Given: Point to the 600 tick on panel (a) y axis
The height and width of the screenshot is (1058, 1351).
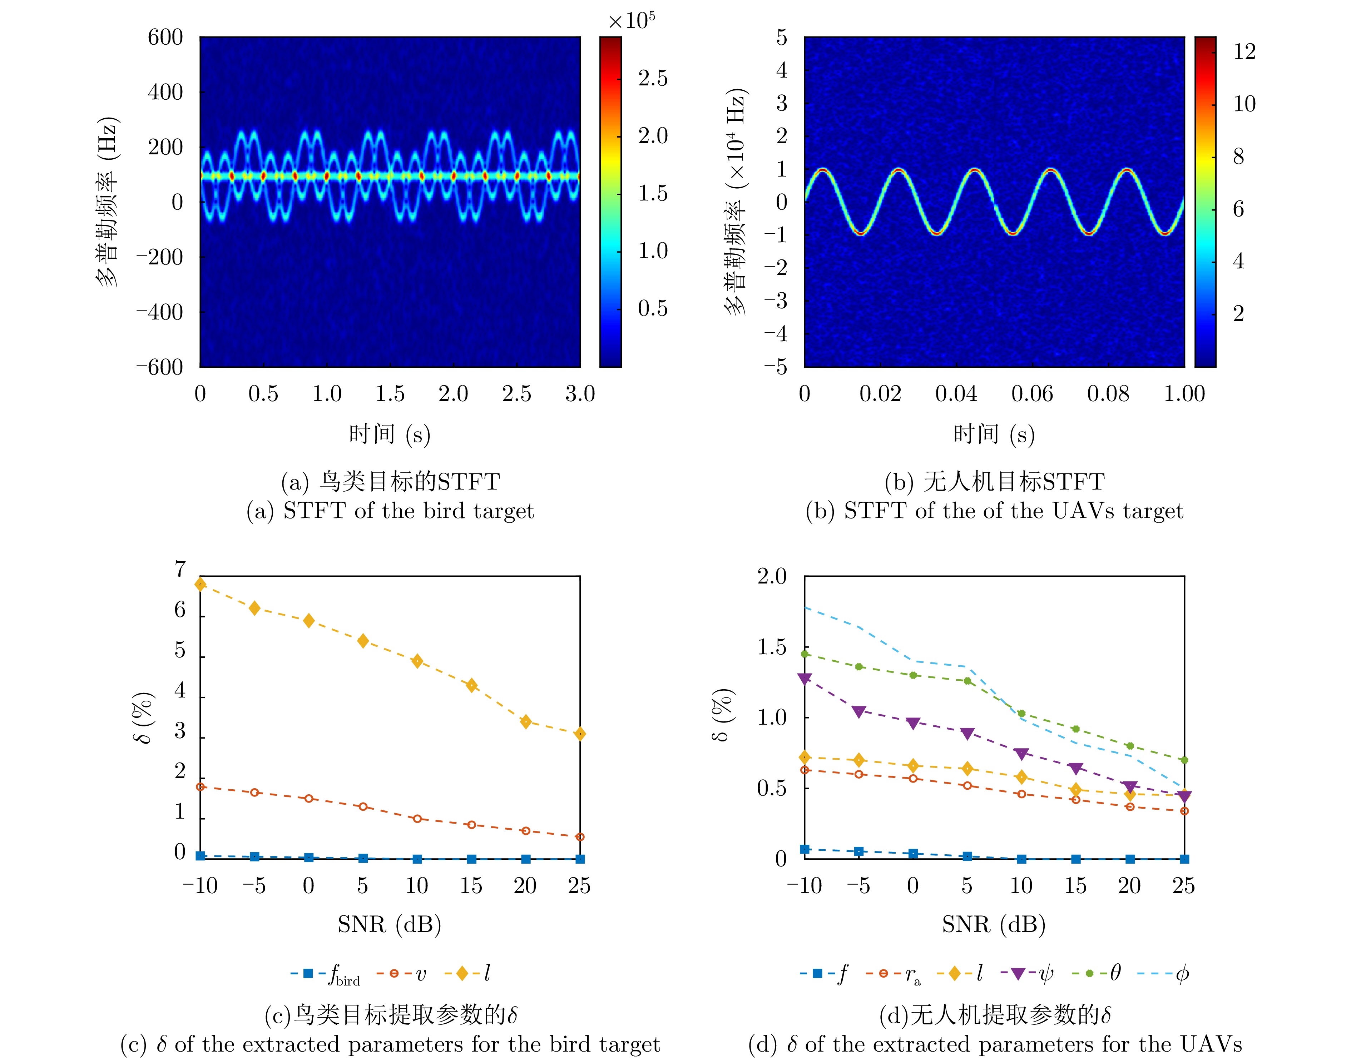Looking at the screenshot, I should tap(165, 38).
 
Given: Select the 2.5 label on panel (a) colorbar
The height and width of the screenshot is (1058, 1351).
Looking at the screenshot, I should tap(653, 79).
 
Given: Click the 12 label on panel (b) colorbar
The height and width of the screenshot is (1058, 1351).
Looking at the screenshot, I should tap(1244, 51).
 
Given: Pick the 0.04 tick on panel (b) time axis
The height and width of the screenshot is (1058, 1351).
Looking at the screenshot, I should tap(956, 394).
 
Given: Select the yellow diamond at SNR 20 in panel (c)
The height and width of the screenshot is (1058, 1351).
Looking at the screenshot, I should tap(526, 722).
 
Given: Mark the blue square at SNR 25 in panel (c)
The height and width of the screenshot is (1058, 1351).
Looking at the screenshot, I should tap(580, 859).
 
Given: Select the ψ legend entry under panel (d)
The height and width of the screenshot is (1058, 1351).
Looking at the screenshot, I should tap(1046, 974).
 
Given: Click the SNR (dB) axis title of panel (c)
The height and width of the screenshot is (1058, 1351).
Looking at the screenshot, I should tap(389, 924).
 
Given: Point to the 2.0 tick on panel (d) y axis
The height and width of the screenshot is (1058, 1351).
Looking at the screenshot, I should tap(772, 577).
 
